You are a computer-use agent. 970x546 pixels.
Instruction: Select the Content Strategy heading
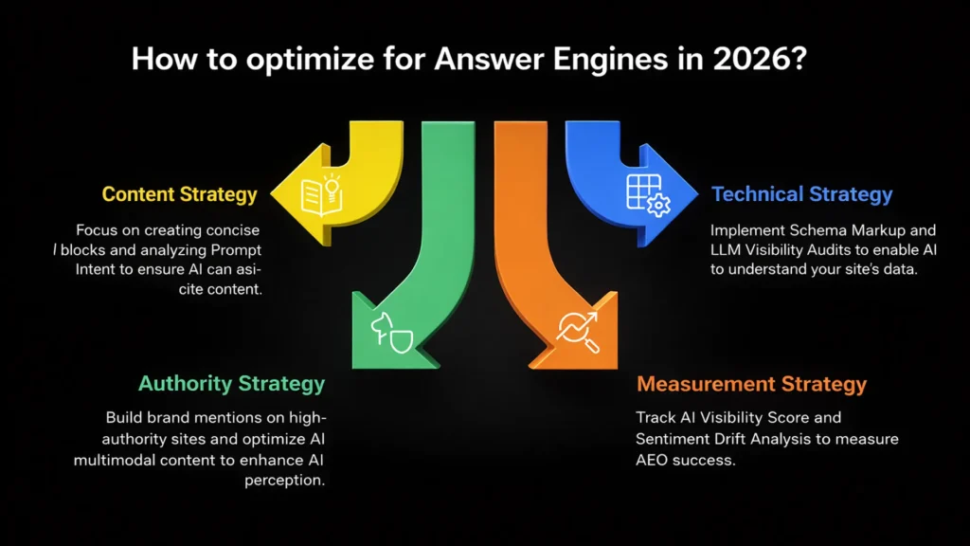(x=179, y=194)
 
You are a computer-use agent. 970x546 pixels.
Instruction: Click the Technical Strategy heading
(x=801, y=194)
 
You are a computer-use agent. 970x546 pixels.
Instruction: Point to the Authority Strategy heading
(x=231, y=383)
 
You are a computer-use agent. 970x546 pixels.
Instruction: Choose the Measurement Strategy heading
(x=751, y=384)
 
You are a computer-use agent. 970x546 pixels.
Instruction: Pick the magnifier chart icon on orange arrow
(x=577, y=329)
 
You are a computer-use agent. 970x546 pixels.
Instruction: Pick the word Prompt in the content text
(x=234, y=250)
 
